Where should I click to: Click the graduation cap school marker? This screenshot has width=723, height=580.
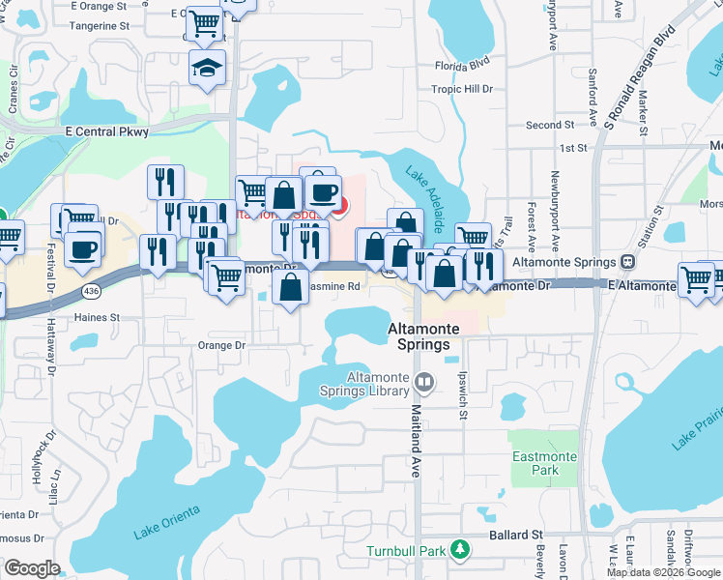click(206, 68)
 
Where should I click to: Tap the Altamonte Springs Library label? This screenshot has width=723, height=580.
click(367, 384)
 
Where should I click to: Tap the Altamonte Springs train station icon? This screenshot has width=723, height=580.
click(628, 262)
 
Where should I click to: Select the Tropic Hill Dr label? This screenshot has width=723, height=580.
click(462, 89)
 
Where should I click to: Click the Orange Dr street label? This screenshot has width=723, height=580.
click(221, 345)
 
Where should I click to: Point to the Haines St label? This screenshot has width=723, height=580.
click(95, 316)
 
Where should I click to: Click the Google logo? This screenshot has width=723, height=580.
click(33, 568)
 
